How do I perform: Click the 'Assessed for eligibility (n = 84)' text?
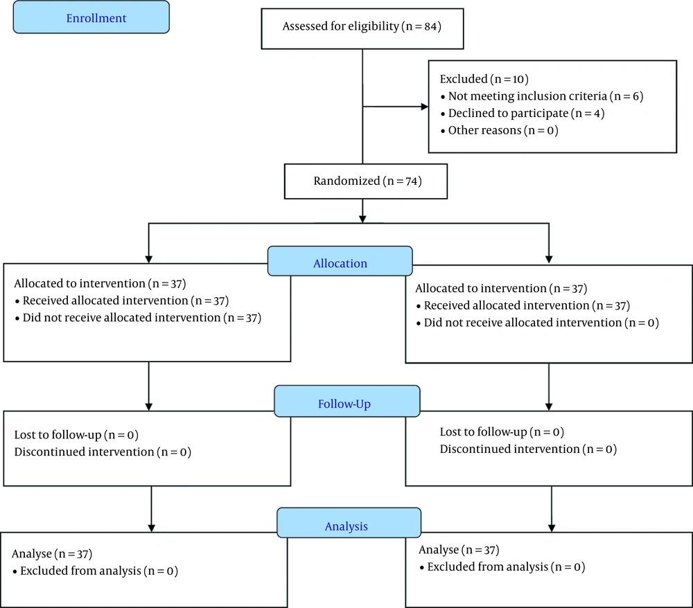pyautogui.click(x=362, y=26)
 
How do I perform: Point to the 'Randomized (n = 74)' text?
pyautogui.click(x=368, y=181)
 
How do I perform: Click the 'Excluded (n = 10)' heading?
pyautogui.click(x=484, y=79)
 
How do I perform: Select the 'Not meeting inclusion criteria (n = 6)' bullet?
pyautogui.click(x=542, y=96)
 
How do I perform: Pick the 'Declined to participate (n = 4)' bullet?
pyautogui.click(x=523, y=114)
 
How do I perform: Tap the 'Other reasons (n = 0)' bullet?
pyautogui.click(x=500, y=131)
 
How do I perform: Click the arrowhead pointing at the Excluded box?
pyautogui.click(x=425, y=107)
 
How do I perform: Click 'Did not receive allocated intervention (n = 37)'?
pyautogui.click(x=138, y=318)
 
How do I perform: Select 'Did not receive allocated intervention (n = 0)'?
pyautogui.click(x=538, y=323)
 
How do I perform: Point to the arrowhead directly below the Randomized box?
pyautogui.click(x=362, y=219)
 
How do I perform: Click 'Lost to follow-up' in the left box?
pyautogui.click(x=58, y=435)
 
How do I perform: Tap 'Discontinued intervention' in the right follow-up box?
pyautogui.click(x=509, y=449)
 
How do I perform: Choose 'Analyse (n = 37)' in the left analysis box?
pyautogui.click(x=52, y=554)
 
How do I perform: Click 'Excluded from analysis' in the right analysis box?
pyautogui.click(x=487, y=567)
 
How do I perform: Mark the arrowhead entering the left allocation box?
pyautogui.click(x=148, y=259)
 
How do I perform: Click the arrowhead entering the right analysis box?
pyautogui.click(x=551, y=528)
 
